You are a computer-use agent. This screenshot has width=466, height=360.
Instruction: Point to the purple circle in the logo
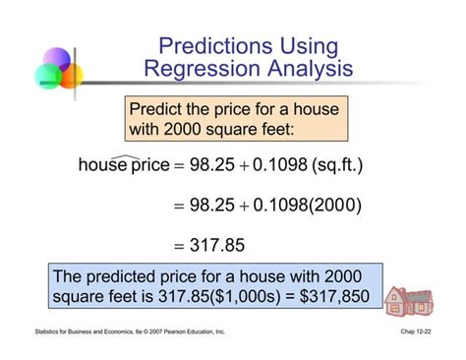58,59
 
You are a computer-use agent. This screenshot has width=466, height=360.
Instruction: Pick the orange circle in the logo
71,76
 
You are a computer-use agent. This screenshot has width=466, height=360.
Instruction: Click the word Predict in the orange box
160,108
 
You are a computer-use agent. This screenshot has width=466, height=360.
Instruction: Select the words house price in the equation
124,165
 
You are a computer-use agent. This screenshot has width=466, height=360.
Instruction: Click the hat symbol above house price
124,153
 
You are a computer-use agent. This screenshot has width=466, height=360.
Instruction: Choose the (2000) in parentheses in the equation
336,206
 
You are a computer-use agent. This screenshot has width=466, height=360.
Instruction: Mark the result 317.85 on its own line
218,246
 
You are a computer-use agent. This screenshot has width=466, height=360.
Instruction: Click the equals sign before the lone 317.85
181,247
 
